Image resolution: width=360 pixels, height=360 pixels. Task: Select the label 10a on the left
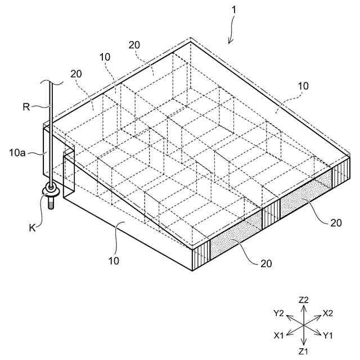tap(18, 151)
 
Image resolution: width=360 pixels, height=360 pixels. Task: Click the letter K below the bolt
tap(33, 228)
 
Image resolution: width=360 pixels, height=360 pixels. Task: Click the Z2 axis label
tap(304, 300)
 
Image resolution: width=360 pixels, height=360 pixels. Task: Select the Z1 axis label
tap(304, 351)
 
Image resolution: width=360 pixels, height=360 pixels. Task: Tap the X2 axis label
tap(328, 313)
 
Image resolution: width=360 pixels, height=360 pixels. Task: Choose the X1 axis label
tap(280, 336)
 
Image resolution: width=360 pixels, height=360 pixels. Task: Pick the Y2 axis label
tap(279, 313)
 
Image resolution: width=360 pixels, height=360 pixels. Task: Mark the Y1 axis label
tap(328, 336)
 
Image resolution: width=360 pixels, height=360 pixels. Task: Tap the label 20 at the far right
tap(336, 222)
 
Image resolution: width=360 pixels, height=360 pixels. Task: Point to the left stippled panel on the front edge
tap(236, 236)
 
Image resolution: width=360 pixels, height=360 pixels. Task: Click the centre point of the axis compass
tap(304, 325)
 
